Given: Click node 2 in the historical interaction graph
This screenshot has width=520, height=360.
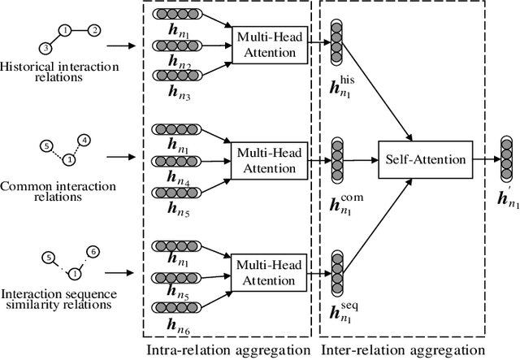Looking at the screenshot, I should (94, 31).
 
